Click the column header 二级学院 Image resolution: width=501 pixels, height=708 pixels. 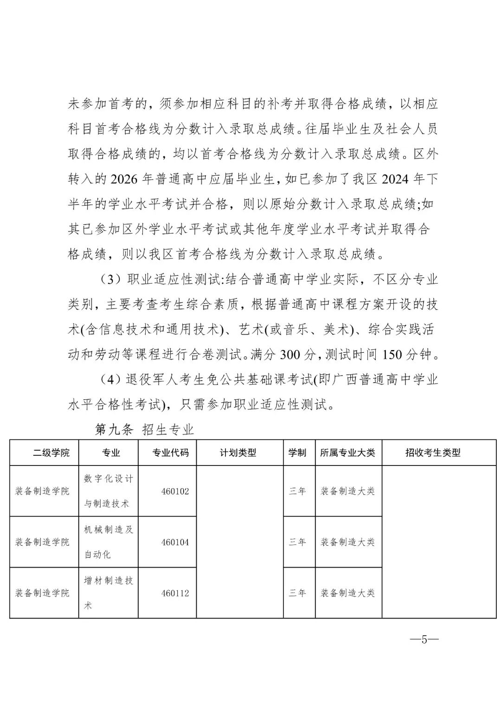click(51, 453)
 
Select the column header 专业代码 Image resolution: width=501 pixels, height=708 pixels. click(171, 453)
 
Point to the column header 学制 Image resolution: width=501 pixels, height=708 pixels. click(297, 453)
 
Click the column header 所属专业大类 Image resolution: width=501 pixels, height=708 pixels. click(347, 453)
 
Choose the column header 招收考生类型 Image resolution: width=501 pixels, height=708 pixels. click(433, 453)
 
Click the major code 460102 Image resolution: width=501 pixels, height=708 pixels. click(175, 491)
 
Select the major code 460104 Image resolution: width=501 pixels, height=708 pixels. click(175, 542)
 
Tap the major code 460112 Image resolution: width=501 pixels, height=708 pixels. click(175, 593)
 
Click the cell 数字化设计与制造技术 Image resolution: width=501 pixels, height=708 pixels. click(109, 491)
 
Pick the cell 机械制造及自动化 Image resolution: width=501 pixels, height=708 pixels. click(109, 542)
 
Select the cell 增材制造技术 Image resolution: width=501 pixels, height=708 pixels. click(109, 593)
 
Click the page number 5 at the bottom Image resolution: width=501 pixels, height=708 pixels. click(424, 640)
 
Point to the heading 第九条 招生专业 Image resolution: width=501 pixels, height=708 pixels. click(144, 430)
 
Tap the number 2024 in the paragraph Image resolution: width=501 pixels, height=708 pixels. click(396, 179)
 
